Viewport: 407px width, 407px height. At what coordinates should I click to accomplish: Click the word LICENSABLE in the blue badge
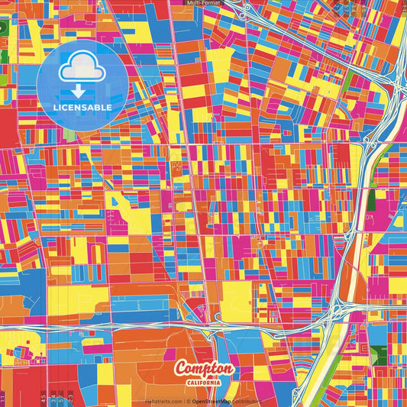(82, 108)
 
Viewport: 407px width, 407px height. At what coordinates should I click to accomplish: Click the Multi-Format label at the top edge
(203, 3)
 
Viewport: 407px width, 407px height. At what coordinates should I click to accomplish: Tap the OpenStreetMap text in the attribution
(212, 401)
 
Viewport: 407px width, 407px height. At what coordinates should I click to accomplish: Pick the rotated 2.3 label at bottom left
(70, 397)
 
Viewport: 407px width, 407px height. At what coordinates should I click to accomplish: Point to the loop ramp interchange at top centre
(245, 12)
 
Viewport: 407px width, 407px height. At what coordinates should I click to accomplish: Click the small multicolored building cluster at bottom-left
(21, 353)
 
